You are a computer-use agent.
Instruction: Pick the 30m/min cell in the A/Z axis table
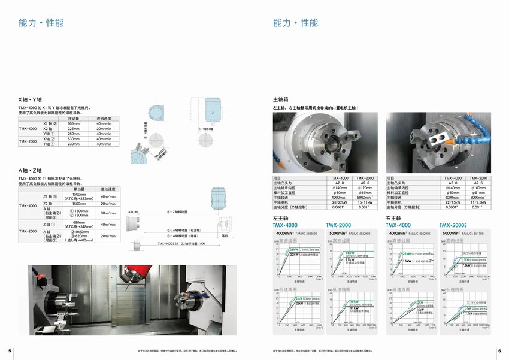[x=108, y=213]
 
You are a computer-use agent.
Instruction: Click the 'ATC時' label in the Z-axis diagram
[x=133, y=212]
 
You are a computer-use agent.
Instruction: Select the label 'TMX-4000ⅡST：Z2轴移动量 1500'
[x=181, y=244]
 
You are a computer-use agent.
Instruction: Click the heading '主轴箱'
[x=281, y=99]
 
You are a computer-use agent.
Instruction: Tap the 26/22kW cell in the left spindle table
[x=339, y=202]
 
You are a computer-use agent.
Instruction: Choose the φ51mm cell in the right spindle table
[x=478, y=193]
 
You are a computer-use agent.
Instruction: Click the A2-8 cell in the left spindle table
[x=339, y=183]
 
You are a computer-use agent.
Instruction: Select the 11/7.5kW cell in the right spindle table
[x=478, y=202]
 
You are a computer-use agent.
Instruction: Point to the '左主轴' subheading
[x=281, y=218]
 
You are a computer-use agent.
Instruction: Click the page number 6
[x=499, y=350]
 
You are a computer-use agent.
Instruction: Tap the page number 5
[x=10, y=350]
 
